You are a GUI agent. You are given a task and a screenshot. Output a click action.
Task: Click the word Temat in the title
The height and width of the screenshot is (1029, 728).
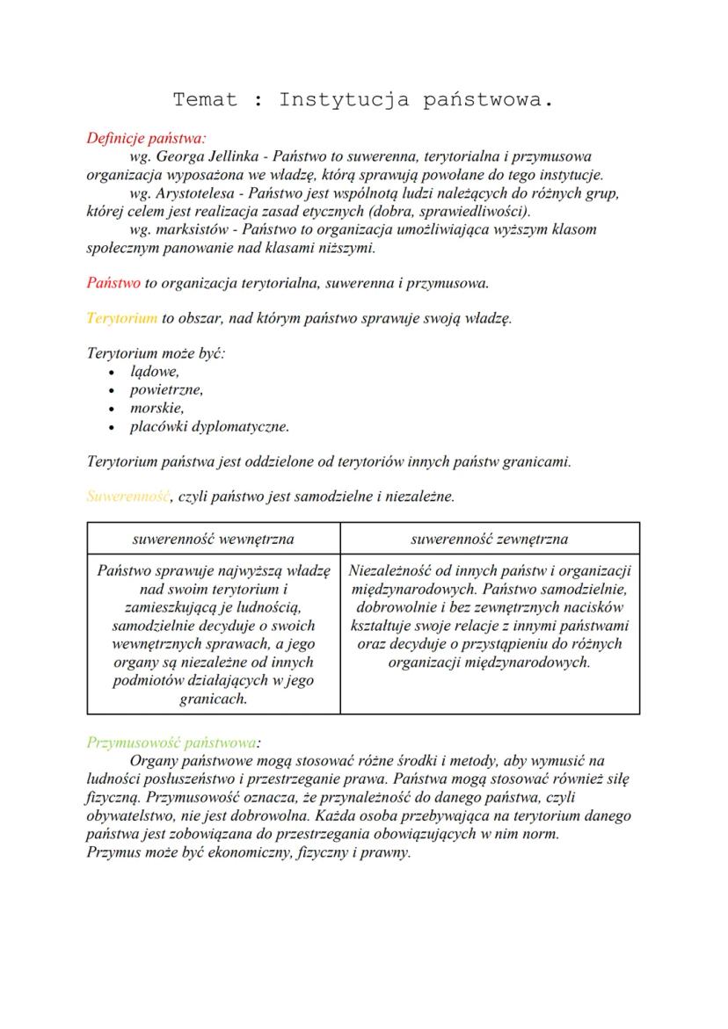coord(205,99)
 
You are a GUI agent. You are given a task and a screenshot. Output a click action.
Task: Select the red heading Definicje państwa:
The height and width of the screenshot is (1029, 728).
coord(146,137)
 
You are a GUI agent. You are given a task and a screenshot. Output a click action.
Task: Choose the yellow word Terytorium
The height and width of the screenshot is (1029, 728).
coord(122,316)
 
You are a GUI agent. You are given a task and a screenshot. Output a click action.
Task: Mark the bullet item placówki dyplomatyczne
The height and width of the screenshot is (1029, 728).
coord(209,427)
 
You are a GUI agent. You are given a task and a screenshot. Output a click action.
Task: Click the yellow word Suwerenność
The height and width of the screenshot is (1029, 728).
coord(128,496)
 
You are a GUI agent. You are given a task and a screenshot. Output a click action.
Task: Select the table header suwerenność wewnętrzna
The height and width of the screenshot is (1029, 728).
coord(213,539)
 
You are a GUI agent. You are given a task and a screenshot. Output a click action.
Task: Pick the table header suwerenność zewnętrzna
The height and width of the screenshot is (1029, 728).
coord(489,539)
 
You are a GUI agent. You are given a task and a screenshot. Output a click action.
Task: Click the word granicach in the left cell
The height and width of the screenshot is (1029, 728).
coord(213,699)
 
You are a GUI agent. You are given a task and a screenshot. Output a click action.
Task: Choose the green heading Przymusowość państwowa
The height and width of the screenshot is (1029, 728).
coord(172,742)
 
